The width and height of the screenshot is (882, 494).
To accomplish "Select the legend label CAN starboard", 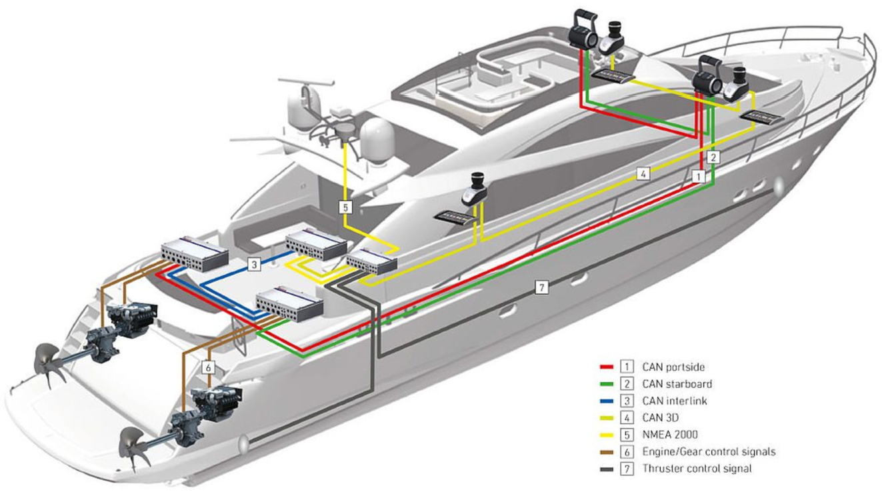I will click(x=677, y=384).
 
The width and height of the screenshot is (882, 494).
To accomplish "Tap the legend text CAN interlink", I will click(x=675, y=401).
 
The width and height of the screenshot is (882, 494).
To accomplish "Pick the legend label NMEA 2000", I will click(x=671, y=435).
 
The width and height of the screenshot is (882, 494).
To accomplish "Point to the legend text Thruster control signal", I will click(x=697, y=469).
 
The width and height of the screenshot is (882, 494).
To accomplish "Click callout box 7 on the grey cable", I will click(x=542, y=288).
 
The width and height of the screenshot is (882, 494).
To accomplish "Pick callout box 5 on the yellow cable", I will click(x=345, y=207).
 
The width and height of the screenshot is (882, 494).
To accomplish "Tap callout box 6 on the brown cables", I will click(x=209, y=367).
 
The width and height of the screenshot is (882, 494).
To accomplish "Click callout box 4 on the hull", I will click(x=642, y=174).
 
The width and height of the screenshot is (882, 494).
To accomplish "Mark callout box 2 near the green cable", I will click(x=713, y=158).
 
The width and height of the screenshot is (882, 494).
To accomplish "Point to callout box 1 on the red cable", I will click(x=698, y=176).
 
